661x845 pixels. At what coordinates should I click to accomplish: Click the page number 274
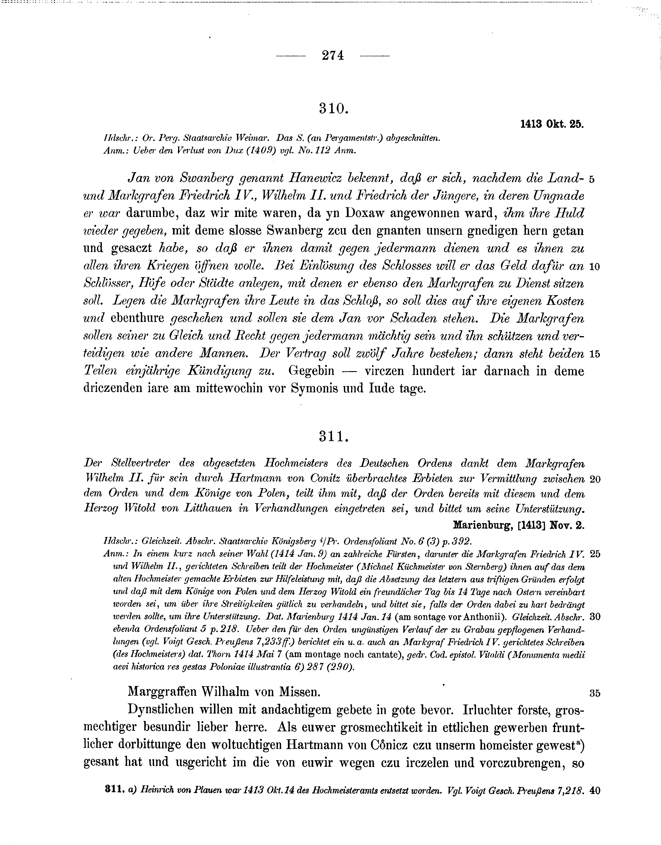point(332,56)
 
